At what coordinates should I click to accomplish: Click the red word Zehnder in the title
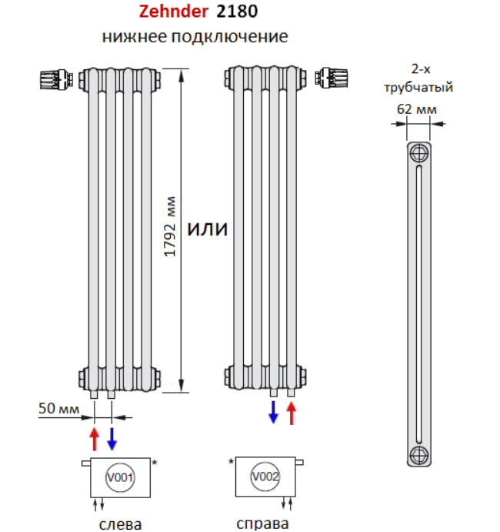pos(174,12)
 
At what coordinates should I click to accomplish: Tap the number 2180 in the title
pos(237,12)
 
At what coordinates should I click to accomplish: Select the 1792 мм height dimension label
pos(170,226)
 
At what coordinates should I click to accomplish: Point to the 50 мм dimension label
pos(58,408)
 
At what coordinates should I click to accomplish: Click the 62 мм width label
pos(417,109)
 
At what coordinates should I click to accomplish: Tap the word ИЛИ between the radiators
pos(208,229)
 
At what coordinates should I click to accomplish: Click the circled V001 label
pos(120,477)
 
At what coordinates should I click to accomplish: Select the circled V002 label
pos(265,477)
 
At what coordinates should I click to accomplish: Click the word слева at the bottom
pos(120,524)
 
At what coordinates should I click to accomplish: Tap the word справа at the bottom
pos(262,524)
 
